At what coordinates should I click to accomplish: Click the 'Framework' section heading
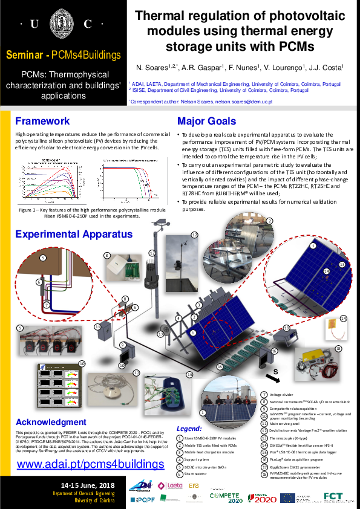[x=42, y=120]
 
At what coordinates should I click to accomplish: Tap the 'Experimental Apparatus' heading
[x=74, y=234]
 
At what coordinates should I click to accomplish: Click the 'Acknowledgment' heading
[x=51, y=422]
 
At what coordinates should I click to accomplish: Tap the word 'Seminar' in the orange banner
[x=24, y=55]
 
